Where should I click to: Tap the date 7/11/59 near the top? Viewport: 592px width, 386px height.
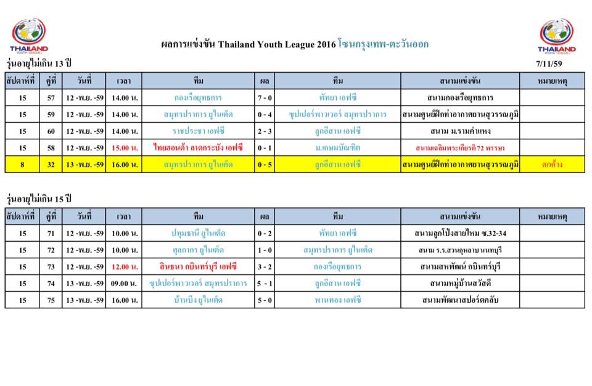click(549, 64)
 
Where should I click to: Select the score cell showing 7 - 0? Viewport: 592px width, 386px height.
click(265, 97)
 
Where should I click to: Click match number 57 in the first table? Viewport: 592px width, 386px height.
click(51, 97)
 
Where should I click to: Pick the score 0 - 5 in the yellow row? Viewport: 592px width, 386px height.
click(265, 164)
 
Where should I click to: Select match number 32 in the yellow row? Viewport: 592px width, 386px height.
click(51, 164)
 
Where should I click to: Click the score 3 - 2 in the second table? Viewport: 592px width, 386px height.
click(265, 266)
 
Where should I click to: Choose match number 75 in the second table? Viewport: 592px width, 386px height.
click(51, 300)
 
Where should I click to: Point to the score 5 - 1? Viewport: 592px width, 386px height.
click(265, 283)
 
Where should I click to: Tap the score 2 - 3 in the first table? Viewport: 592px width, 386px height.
click(265, 131)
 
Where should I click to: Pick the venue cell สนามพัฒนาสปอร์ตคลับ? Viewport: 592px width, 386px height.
click(459, 300)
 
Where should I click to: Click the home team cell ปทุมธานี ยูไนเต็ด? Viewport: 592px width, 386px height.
click(199, 233)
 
